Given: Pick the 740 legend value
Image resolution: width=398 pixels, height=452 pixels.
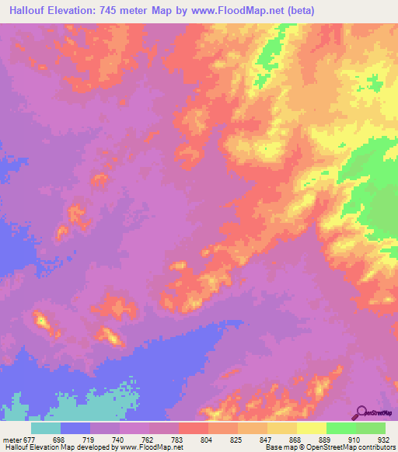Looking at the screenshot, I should coord(117,438).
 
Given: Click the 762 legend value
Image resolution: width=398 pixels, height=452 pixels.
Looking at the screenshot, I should coord(146,438).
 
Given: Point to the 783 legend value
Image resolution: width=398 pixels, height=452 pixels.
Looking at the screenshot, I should coord(176,438).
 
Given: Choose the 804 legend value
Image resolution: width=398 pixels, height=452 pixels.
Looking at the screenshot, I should coord(206,438).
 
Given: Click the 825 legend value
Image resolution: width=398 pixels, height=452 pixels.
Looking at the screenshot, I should coord(236,438).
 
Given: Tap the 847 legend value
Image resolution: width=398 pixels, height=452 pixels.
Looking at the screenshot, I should coord(265,438).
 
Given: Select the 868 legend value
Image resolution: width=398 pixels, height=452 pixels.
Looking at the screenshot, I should coord(295,438).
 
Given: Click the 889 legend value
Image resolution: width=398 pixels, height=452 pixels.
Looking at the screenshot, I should coord(324,438).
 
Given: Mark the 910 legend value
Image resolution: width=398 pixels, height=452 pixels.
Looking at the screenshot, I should coord(354,438).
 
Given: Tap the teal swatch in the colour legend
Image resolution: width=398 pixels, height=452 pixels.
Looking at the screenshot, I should coord(46,427).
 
